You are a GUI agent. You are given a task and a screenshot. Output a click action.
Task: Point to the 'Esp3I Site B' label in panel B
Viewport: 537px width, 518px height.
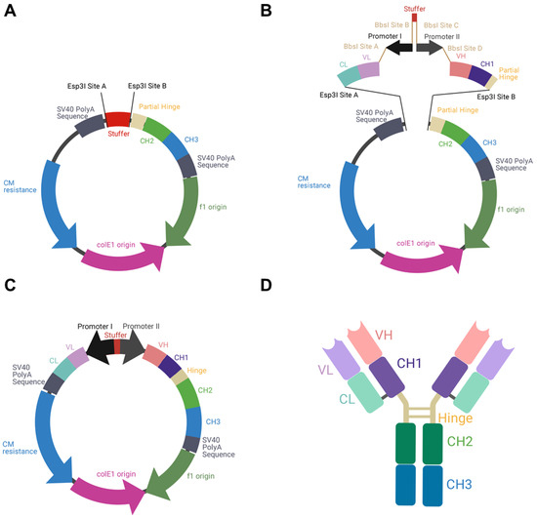coord(503,97)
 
